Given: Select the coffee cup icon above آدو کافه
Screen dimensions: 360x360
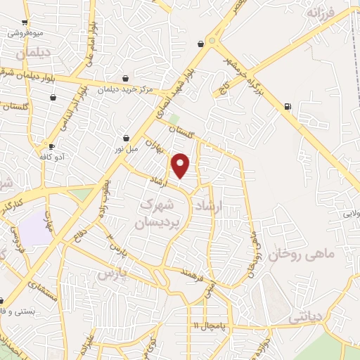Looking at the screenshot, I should coord(52,146).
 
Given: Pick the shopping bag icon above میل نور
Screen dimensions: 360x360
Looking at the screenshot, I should coord(127,138).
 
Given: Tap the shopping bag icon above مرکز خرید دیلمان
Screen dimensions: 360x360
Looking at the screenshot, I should coord(125,78).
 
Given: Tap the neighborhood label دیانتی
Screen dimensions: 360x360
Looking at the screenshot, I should coord(304,319).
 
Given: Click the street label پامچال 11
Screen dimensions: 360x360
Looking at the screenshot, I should coord(208,326).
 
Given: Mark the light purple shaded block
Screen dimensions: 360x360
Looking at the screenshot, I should coord(36,229).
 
